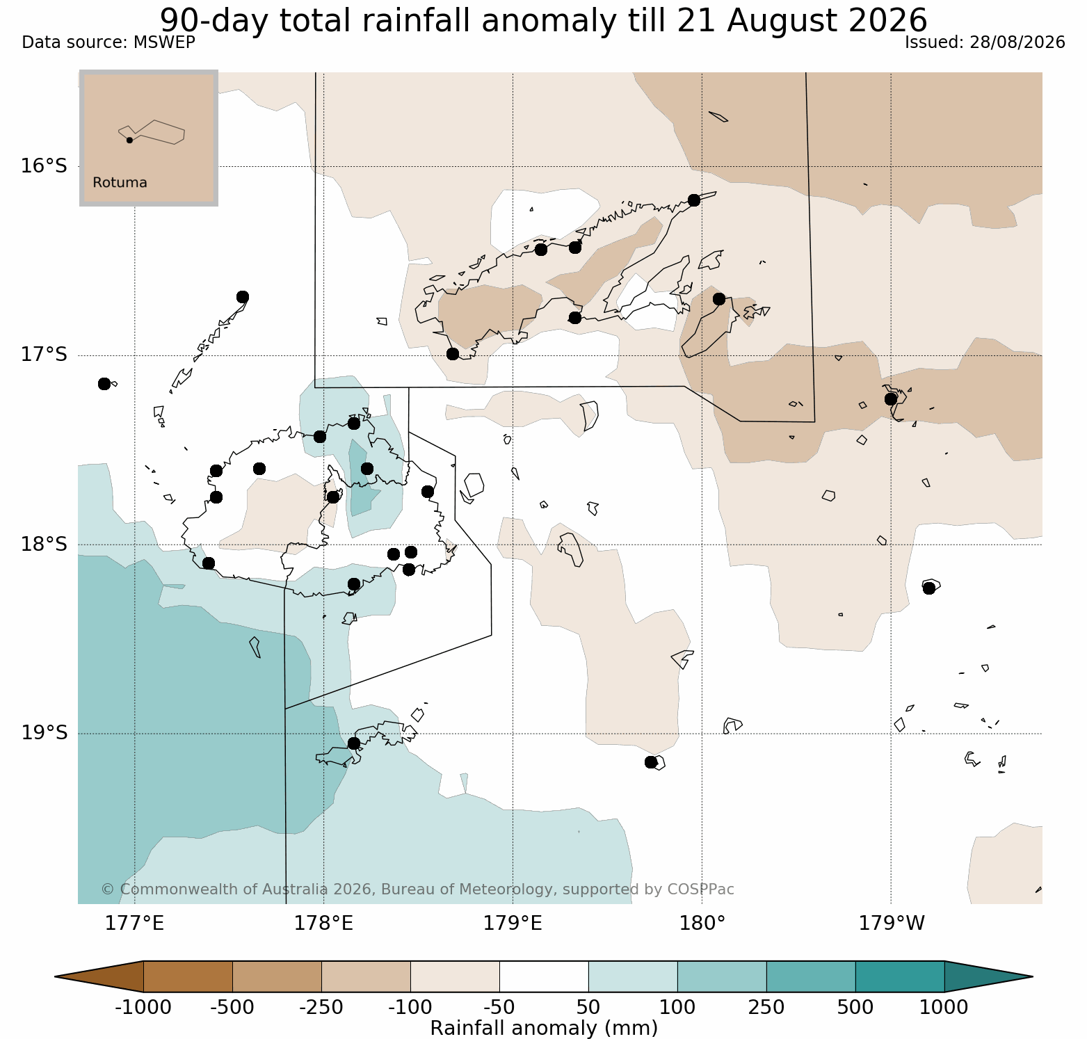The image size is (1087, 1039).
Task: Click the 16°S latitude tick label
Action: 44,166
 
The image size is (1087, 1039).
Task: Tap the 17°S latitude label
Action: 44,355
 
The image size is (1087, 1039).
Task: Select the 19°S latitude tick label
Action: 44,734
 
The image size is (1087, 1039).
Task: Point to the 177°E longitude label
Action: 135,924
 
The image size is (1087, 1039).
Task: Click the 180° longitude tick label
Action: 702,924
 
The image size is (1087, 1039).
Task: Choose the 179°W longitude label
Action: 892,924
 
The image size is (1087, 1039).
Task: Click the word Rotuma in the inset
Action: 120,183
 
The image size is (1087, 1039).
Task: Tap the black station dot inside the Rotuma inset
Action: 129,140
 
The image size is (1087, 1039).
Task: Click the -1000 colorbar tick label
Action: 143,1008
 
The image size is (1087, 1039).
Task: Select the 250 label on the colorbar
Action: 766,1008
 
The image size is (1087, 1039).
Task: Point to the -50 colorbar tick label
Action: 499,1008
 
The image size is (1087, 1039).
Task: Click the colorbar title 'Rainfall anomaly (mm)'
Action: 544,1028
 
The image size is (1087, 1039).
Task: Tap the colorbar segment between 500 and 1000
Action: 900,976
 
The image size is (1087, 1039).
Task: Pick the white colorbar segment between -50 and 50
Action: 544,976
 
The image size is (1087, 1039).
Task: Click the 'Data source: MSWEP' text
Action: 108,42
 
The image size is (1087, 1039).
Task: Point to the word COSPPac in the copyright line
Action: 700,889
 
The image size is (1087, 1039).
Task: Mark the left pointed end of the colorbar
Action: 55,976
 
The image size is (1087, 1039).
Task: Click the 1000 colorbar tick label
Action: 944,1008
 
